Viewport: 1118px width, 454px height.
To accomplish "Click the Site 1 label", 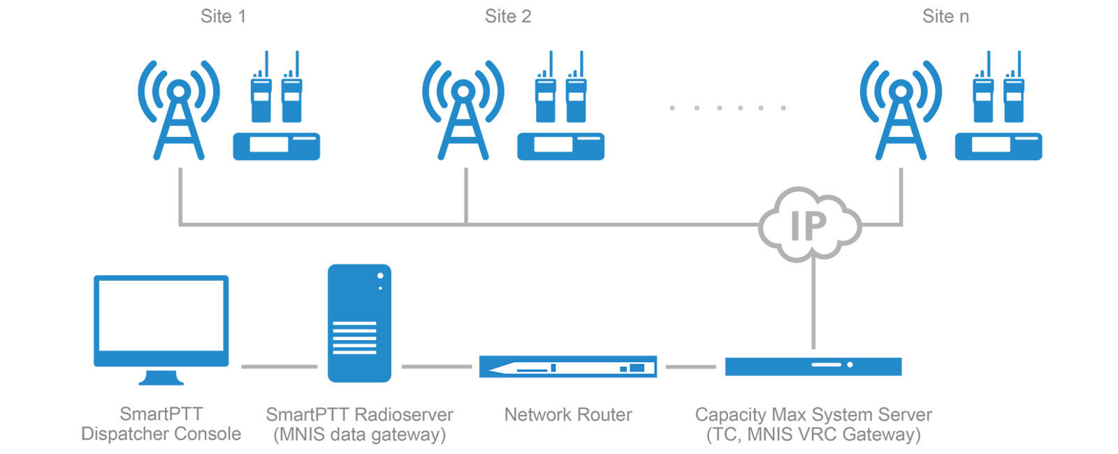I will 223,17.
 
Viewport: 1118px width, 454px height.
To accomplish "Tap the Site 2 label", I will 508,17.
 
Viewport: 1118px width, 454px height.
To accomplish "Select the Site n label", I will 945,17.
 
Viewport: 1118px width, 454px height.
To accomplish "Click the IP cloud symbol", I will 810,224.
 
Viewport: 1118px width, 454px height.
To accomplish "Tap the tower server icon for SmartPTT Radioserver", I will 359,323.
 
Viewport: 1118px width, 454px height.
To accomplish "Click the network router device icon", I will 567,367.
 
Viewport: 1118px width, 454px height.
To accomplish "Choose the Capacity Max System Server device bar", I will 813,366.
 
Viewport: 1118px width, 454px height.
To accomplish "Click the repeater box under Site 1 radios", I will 276,146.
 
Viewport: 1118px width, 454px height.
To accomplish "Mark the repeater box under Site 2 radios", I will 560,146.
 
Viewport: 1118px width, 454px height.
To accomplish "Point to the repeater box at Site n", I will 999,146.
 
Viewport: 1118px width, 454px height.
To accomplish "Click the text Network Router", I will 568,415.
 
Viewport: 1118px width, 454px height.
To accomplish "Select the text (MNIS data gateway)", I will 359,434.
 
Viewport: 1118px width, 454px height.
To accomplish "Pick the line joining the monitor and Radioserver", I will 279,366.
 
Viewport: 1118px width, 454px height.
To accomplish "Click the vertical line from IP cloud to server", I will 813,304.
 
